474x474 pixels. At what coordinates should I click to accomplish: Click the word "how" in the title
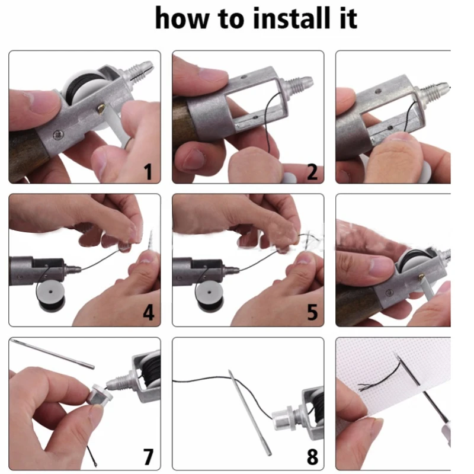click(181, 18)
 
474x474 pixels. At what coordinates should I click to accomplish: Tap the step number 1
click(148, 172)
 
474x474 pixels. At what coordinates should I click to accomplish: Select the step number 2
click(312, 172)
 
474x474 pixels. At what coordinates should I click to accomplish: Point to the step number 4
click(149, 312)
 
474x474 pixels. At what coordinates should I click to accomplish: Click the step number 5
click(312, 312)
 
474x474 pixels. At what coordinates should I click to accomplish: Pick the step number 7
click(148, 456)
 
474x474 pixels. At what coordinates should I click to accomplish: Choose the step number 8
click(312, 456)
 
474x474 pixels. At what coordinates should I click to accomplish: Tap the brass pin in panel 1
click(101, 108)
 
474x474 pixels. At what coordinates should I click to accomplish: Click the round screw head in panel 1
click(58, 134)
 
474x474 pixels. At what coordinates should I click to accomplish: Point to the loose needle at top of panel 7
click(52, 354)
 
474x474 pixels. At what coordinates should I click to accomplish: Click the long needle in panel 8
click(249, 412)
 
